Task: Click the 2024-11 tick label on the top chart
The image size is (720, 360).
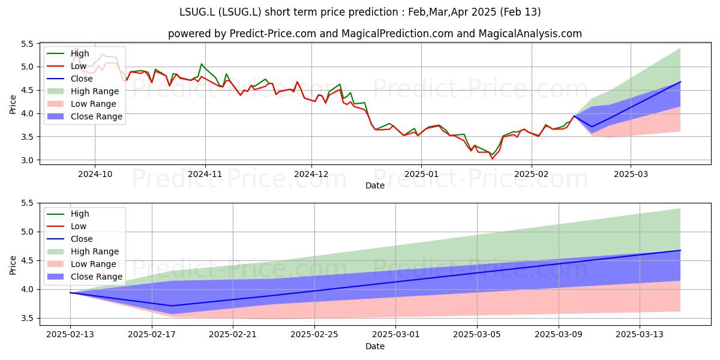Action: point(205,174)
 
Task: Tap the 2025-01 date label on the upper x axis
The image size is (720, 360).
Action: point(421,174)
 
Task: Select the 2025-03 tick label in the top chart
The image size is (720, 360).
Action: point(631,174)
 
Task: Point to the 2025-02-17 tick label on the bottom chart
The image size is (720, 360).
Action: point(152,335)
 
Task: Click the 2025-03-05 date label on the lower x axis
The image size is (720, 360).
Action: point(477,335)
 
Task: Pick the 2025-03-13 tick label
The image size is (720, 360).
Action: point(640,335)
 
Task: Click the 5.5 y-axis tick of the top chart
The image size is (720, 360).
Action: point(28,44)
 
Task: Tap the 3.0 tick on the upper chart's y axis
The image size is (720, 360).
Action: point(28,160)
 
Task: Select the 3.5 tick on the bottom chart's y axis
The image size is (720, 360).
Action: point(28,318)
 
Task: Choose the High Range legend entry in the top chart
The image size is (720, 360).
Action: point(83,91)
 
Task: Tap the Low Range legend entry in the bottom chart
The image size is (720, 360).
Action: point(82,264)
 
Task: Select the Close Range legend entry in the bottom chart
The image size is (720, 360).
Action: point(85,277)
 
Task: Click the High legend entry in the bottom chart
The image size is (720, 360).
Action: point(68,214)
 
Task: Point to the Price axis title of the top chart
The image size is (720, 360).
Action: point(13,104)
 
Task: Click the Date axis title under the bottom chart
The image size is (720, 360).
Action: point(375,346)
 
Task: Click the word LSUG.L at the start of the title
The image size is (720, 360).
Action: point(197,12)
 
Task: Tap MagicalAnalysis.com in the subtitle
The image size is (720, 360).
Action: point(530,34)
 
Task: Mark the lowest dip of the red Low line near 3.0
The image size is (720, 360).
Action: point(492,159)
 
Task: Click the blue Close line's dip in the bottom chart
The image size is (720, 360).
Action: point(172,305)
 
